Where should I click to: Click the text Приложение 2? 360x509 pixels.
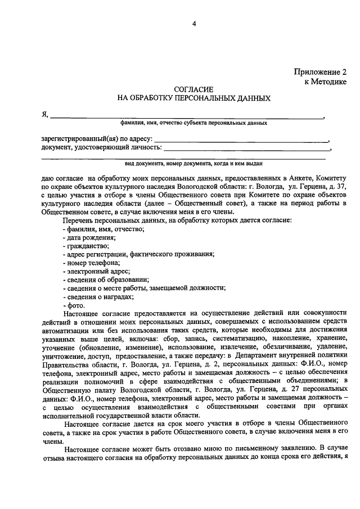pos(319,71)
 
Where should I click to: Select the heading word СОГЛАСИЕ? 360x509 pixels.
pos(193,89)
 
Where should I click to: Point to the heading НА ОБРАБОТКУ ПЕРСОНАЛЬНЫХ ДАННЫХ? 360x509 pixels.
pos(193,98)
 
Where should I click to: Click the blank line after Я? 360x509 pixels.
pos(186,116)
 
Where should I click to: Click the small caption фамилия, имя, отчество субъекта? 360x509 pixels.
pos(193,123)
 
